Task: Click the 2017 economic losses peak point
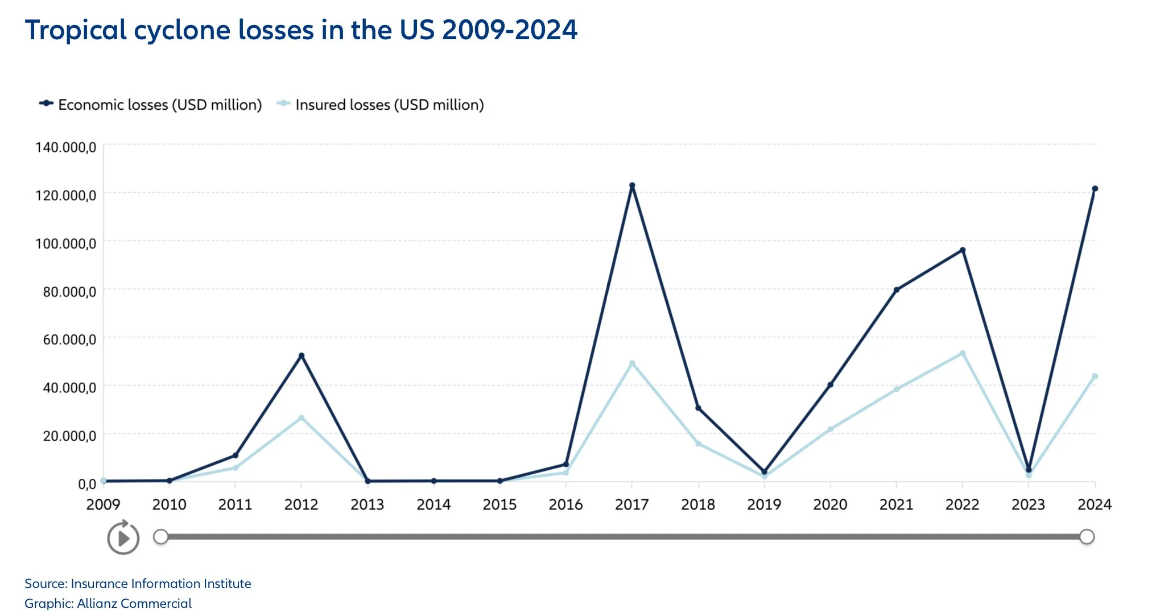click(x=632, y=185)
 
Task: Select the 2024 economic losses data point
click(x=1095, y=189)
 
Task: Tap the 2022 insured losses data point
click(x=963, y=353)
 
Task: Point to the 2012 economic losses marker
click(x=302, y=355)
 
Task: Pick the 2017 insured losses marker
click(x=632, y=363)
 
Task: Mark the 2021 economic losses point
click(x=897, y=289)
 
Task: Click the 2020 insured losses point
click(x=830, y=429)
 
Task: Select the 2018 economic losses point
click(x=698, y=408)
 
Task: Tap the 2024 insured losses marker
click(x=1095, y=376)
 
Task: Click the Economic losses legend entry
click(x=151, y=105)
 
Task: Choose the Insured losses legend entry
click(x=381, y=105)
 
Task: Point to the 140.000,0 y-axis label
click(x=65, y=147)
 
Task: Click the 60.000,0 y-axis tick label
click(x=69, y=339)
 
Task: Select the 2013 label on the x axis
click(x=368, y=504)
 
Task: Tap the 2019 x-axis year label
click(x=764, y=504)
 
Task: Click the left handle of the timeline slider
click(x=161, y=537)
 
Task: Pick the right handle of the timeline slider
click(x=1087, y=537)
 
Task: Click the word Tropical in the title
click(x=76, y=30)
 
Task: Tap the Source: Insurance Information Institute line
click(x=138, y=583)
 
